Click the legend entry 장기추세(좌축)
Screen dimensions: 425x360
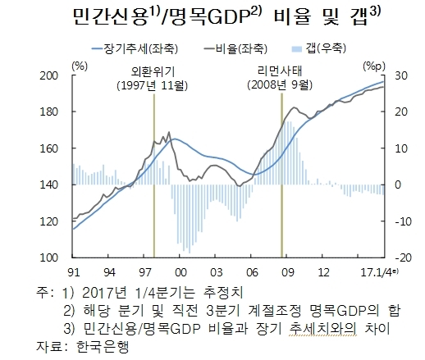[x=135, y=49]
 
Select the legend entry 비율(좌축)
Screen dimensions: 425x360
[x=235, y=49]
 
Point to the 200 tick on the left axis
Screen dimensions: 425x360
[x=49, y=75]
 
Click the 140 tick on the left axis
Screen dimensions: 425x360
[x=49, y=185]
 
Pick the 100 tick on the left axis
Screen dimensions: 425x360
[x=49, y=257]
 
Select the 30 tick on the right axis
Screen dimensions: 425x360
[x=400, y=75]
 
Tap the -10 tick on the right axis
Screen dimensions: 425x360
[x=403, y=221]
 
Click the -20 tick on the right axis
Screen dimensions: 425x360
[x=403, y=257]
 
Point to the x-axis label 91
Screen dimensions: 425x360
[x=73, y=272]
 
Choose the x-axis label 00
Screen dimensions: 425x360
[x=181, y=272]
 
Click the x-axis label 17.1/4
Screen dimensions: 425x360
[x=377, y=272]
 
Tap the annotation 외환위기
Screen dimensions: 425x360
[x=153, y=71]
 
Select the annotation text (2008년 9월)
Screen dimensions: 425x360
[x=280, y=85]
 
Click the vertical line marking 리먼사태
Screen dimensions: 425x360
[x=281, y=175]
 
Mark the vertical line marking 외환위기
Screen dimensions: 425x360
[x=154, y=175]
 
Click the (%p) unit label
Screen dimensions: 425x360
[x=374, y=66]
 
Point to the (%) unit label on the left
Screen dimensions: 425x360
[x=80, y=66]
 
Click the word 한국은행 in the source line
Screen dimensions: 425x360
[x=102, y=346]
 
